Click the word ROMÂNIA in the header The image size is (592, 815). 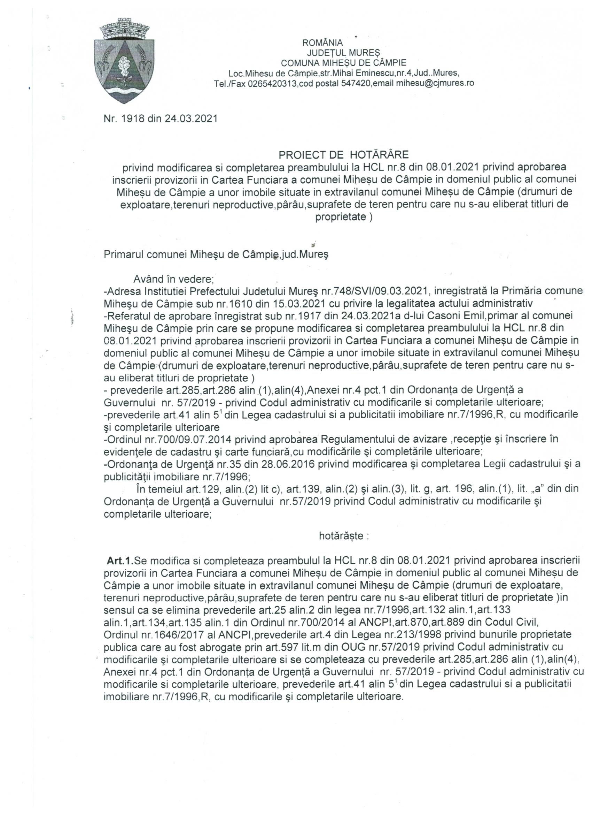pos(322,43)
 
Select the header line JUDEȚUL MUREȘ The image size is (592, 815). pos(343,53)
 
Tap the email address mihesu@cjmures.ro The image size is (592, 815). pos(435,83)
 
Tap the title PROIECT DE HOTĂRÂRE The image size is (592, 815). pos(344,155)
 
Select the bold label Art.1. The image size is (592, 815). pos(120,560)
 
